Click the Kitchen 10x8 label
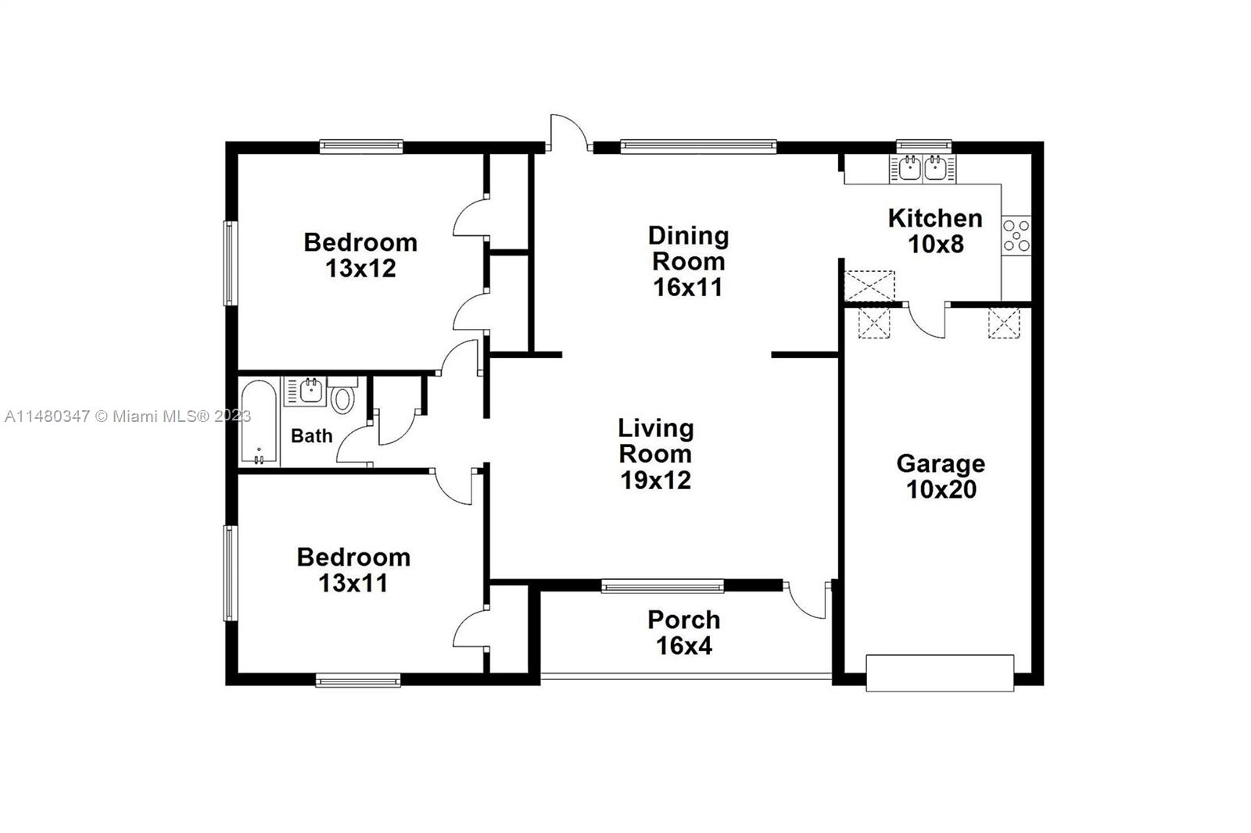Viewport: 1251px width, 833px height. [935, 231]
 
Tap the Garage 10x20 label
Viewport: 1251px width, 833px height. [941, 476]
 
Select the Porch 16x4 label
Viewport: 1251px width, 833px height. [684, 633]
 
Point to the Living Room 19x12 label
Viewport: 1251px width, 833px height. [656, 454]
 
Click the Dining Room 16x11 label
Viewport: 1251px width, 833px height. [688, 261]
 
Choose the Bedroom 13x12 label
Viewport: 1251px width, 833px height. [360, 256]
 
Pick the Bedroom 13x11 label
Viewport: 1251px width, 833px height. [353, 570]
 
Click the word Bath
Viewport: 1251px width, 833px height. [312, 435]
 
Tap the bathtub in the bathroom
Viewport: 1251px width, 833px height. [259, 422]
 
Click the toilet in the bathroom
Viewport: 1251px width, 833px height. [342, 395]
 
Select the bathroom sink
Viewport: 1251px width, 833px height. [311, 390]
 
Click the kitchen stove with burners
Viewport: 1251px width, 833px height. [1016, 236]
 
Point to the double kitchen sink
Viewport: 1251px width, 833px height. [923, 169]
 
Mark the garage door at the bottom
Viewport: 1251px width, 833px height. [940, 674]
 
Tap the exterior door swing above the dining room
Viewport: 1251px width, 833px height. [568, 132]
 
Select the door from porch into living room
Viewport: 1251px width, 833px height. [806, 600]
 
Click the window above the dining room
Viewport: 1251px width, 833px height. [698, 146]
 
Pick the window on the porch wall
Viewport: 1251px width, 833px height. [662, 585]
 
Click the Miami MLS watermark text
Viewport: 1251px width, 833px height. [128, 417]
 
